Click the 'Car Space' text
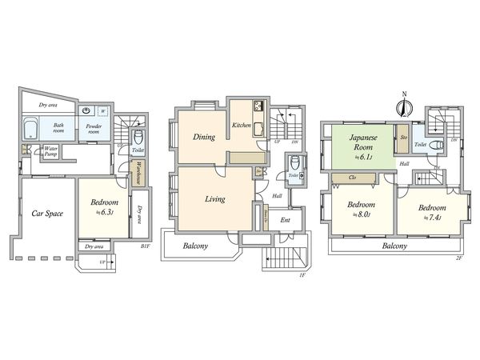coord(47,214)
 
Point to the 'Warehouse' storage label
coord(138,171)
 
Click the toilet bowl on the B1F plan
coord(137,137)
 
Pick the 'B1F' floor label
coord(146,247)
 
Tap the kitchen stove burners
coord(258,106)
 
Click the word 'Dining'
coord(203,137)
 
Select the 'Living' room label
coord(214,198)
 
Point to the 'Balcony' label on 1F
coord(195,246)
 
